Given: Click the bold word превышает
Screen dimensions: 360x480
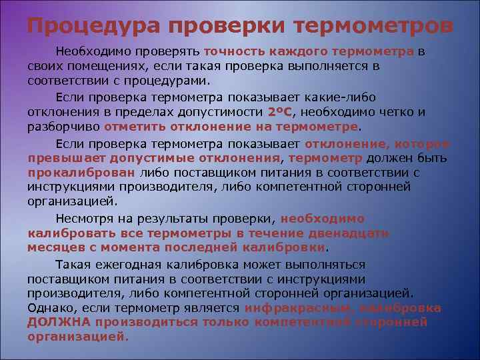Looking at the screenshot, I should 57,158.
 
